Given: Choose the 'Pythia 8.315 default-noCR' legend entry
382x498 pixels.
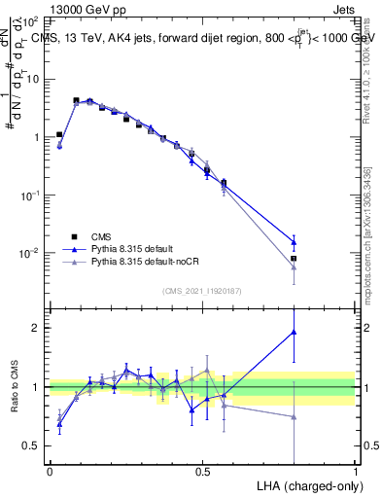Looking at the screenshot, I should pyautogui.click(x=146, y=263).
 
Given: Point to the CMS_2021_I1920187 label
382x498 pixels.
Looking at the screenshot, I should pyautogui.click(x=201, y=289).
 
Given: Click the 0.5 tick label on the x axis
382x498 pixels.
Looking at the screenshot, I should pyautogui.click(x=203, y=471).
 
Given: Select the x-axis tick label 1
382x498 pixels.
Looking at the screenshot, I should pyautogui.click(x=356, y=471).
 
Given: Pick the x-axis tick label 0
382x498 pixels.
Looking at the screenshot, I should pyautogui.click(x=50, y=471).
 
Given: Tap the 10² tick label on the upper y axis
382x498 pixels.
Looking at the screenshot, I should pyautogui.click(x=32, y=20).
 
